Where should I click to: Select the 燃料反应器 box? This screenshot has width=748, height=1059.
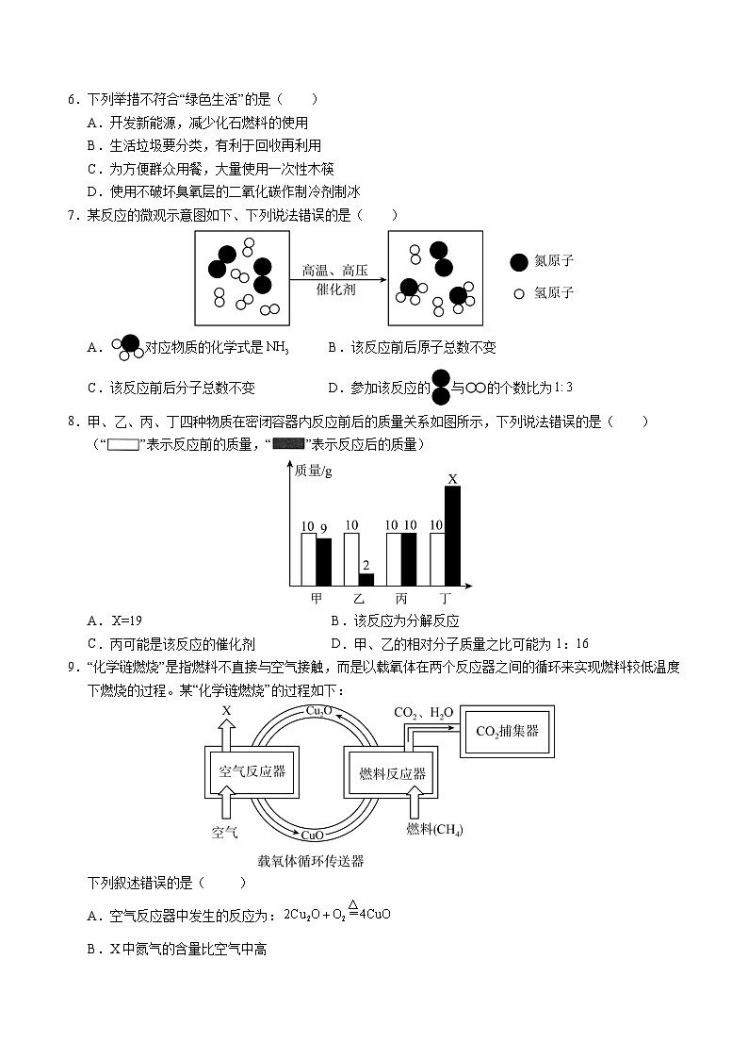(x=393, y=773)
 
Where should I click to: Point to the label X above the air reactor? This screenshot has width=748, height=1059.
(x=226, y=710)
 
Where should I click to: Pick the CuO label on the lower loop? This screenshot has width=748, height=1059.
(x=313, y=835)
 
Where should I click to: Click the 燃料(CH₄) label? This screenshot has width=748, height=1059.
(x=434, y=829)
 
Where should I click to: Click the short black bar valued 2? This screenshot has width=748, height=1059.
(x=366, y=579)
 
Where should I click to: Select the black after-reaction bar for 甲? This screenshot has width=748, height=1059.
(x=323, y=562)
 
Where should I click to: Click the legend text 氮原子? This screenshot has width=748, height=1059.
(x=553, y=261)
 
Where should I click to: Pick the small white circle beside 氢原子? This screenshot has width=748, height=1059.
(x=517, y=293)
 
